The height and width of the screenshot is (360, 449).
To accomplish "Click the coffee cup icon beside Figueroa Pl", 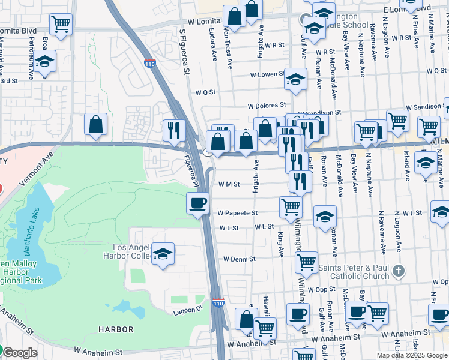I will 197,203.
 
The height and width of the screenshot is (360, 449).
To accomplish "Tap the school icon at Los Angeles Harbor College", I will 163,253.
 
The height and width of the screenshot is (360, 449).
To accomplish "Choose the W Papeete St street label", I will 237,213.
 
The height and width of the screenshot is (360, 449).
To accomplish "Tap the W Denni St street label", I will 240,259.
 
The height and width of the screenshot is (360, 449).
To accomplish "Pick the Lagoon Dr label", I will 189,310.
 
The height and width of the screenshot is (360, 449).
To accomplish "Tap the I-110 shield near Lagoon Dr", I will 218,304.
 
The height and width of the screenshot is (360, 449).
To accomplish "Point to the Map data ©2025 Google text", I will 412,355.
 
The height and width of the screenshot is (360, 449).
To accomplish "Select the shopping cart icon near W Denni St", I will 307,262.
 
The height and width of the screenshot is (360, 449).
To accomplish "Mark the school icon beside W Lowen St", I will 295,79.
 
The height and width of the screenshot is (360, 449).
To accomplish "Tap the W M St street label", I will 229,184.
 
